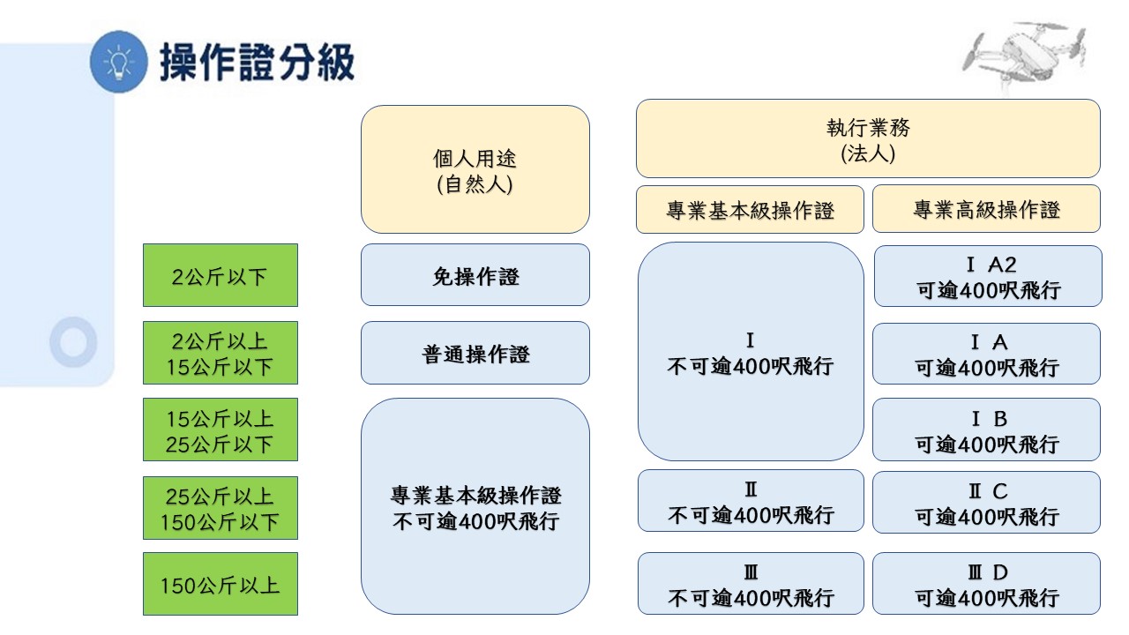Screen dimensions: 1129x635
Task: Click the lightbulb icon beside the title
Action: pos(118,62)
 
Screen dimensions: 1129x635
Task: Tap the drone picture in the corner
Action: pos(1023,56)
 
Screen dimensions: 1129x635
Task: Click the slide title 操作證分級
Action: pos(258,63)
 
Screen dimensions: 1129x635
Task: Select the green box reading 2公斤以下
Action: pos(221,275)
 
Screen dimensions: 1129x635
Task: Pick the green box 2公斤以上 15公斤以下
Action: pos(221,353)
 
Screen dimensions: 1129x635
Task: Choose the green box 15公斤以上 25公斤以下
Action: pos(221,430)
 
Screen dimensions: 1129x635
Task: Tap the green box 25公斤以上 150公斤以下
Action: pos(221,508)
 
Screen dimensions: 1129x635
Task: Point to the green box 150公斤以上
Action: pos(221,584)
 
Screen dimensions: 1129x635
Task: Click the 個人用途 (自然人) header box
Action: pos(475,169)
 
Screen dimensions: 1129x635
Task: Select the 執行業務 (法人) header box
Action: pos(868,138)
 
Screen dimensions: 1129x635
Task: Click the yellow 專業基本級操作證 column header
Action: pos(750,210)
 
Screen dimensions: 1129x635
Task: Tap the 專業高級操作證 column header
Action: pos(986,209)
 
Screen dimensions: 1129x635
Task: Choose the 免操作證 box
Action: pos(475,275)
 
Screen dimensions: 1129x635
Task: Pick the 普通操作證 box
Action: pos(475,354)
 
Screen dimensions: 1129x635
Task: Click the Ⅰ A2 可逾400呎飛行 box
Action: pos(988,276)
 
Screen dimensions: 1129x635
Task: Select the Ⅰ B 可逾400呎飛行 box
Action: pos(986,430)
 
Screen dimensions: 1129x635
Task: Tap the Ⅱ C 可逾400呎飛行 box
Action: pos(986,503)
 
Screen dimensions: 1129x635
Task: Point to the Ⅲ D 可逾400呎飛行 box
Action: pos(986,584)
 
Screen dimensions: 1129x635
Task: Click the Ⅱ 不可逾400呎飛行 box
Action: pos(751,501)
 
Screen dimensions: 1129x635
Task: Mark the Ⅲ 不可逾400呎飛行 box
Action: pos(751,584)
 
